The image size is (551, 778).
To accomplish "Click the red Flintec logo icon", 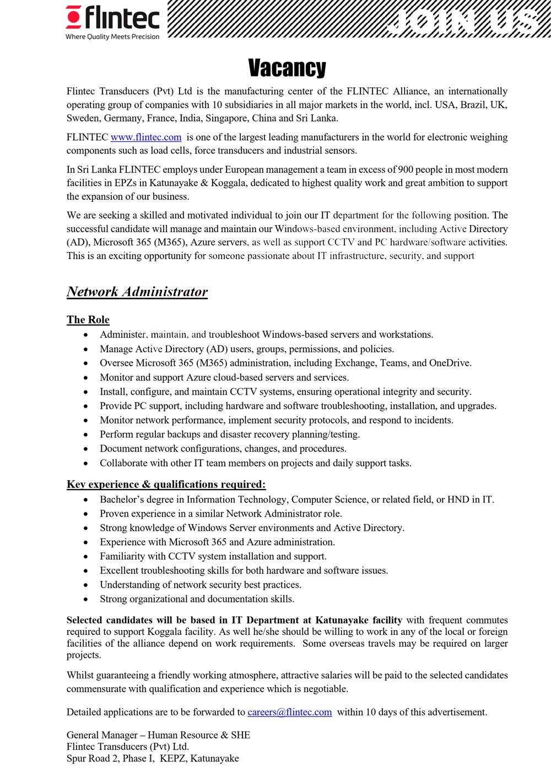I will pyautogui.click(x=74, y=17).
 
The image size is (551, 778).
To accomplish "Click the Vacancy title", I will pyautogui.click(x=287, y=68).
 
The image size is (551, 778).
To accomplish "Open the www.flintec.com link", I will pyautogui.click(x=146, y=138).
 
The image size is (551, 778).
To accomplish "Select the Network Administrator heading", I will pyautogui.click(x=137, y=292).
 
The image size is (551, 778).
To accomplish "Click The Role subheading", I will pyautogui.click(x=88, y=320).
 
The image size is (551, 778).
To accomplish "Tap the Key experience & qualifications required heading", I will pyautogui.click(x=166, y=484).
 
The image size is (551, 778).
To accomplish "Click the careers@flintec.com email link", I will pyautogui.click(x=290, y=712).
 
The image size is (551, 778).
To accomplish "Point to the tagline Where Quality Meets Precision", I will pyautogui.click(x=112, y=37).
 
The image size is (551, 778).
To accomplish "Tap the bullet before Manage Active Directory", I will pyautogui.click(x=85, y=349).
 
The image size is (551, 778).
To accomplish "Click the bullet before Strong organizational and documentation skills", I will pyautogui.click(x=85, y=599).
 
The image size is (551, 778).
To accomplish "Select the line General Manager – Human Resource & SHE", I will pyautogui.click(x=158, y=735).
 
